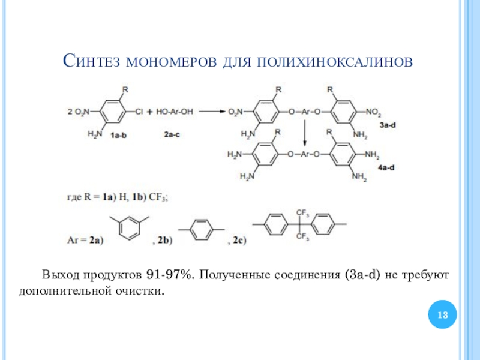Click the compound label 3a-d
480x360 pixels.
tap(388, 124)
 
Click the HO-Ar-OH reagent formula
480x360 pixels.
tap(174, 112)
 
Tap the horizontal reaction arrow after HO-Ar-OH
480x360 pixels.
tap(212, 112)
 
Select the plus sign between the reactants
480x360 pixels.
tap(150, 112)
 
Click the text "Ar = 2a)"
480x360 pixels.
tap(84, 241)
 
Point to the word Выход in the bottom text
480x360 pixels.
tap(58, 275)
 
